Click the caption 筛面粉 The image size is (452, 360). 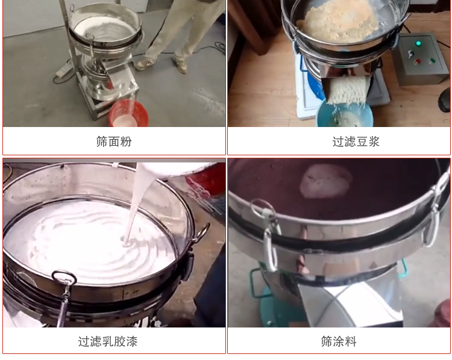(114, 141)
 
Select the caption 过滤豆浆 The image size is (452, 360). (339, 141)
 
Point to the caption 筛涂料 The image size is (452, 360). (339, 341)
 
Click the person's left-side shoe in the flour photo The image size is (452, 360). (145, 63)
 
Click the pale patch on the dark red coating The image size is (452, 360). (326, 181)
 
